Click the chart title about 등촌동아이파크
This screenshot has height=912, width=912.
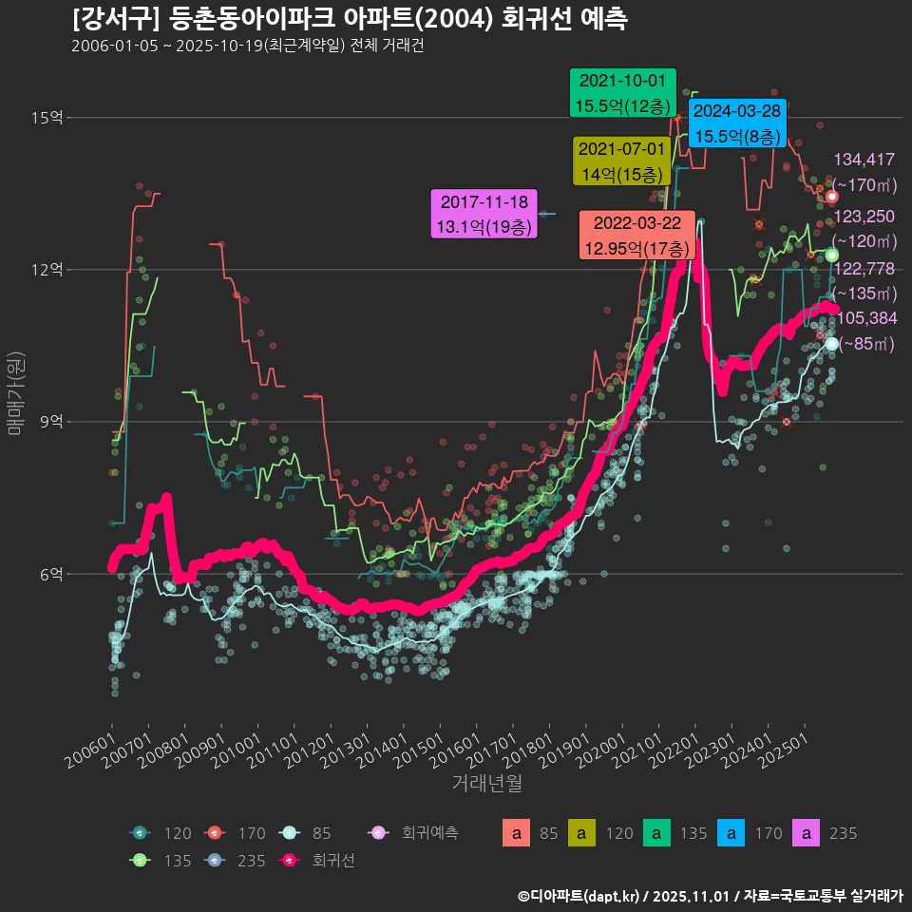point(349,20)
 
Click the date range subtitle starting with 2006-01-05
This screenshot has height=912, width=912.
point(247,47)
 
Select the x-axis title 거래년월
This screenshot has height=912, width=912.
point(486,783)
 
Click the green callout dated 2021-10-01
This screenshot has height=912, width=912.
point(622,93)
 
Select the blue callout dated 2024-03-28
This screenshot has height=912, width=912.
point(737,123)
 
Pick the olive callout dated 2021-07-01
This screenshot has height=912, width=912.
point(622,161)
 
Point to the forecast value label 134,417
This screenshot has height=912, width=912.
point(864,160)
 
